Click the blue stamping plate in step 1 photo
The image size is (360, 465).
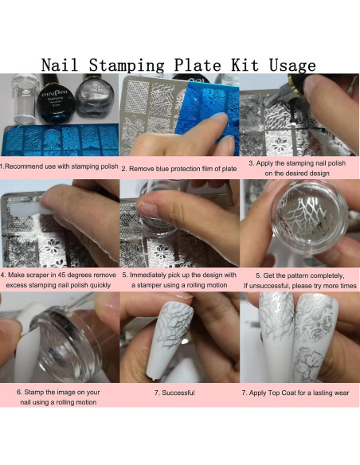tap(60, 142)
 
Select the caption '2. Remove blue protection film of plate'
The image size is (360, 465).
tap(179, 169)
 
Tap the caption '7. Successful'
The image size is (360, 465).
tap(179, 393)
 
